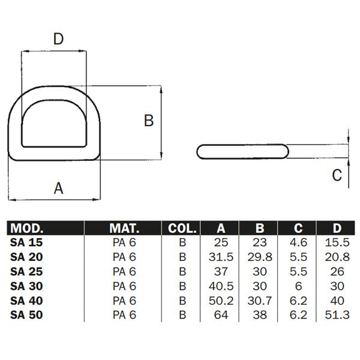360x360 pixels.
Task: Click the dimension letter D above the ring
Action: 58,39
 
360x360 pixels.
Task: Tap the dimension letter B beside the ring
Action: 149,121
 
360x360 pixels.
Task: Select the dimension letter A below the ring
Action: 58,188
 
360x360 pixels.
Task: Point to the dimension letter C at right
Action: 337,175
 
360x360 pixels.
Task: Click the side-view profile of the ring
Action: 244,152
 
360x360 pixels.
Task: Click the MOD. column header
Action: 28,229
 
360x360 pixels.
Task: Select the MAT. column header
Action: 124,229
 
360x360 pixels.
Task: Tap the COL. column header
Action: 182,229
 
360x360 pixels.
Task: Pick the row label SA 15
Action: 27,243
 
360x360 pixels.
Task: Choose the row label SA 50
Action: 27,314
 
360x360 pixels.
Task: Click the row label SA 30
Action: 27,286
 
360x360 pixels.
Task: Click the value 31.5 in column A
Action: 220,257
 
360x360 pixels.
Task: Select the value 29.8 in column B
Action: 260,257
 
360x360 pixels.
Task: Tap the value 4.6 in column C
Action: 298,243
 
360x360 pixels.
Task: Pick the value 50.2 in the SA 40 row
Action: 220,300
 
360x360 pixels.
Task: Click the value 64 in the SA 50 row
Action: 220,314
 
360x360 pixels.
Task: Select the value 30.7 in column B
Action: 260,300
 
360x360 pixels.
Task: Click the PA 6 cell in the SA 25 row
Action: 124,271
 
